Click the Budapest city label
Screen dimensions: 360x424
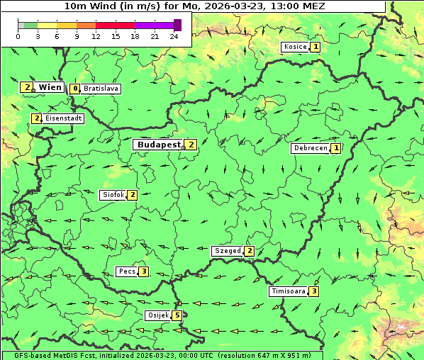(159, 145)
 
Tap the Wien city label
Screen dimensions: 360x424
(50, 87)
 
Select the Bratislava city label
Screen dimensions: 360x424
(100, 89)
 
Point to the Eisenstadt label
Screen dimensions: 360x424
(63, 118)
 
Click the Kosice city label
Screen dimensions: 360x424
(294, 47)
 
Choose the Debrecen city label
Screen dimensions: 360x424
(309, 149)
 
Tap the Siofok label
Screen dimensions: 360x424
(112, 195)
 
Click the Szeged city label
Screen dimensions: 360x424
(227, 251)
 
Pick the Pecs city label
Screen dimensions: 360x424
(127, 271)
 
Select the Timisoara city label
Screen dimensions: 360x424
(288, 291)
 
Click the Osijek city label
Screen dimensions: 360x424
(157, 315)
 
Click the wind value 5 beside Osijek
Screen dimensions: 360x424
(177, 315)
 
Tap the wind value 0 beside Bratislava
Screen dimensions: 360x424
(75, 89)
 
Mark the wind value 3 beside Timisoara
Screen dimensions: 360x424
(314, 291)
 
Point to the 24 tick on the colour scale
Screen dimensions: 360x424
(174, 36)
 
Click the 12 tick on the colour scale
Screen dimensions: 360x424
(96, 36)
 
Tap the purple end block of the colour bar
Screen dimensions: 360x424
(177, 25)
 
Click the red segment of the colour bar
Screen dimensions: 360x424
(115, 25)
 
